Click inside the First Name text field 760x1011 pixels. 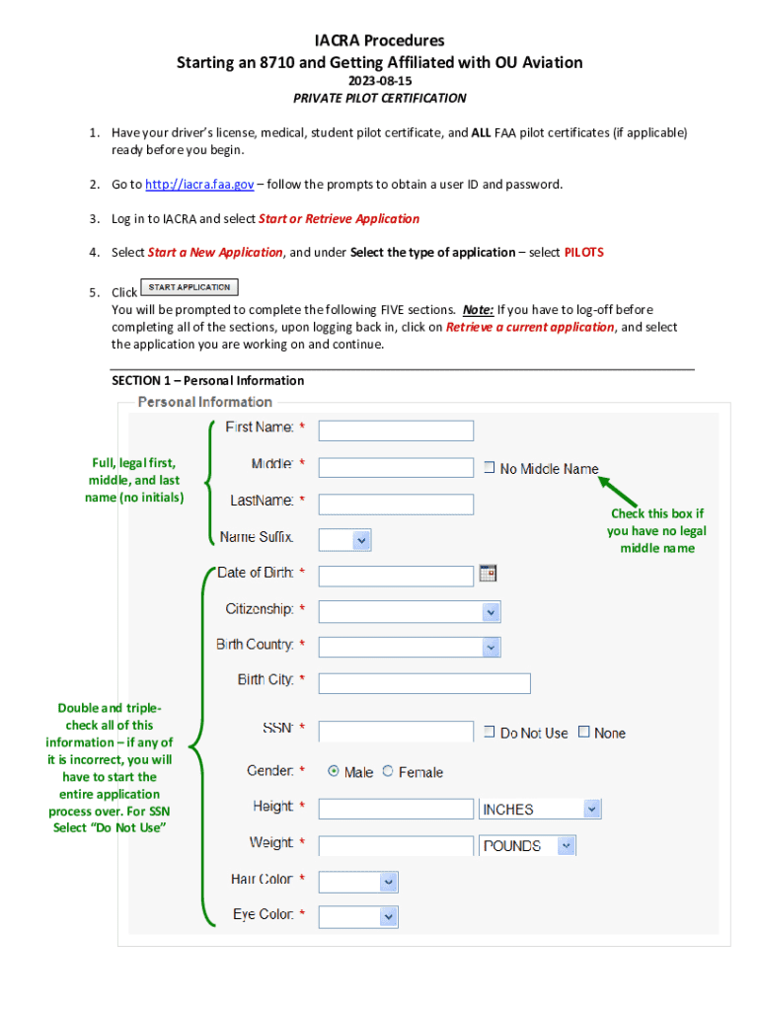point(396,430)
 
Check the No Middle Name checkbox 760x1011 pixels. point(489,468)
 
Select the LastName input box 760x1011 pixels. point(396,505)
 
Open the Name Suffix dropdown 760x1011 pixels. point(345,540)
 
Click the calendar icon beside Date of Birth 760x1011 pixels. point(488,573)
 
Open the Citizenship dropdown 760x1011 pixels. point(410,612)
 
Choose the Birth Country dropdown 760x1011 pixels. point(410,648)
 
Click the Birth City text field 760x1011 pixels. point(424,683)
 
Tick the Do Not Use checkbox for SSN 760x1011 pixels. point(489,732)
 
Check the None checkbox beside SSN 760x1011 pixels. point(583,732)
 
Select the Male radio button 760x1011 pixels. point(334,771)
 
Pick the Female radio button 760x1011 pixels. point(387,771)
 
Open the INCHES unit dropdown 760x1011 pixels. point(539,810)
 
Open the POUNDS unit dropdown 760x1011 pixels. point(527,846)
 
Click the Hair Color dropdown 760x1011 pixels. point(358,882)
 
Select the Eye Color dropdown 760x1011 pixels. point(358,917)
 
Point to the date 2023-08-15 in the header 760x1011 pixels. point(379,81)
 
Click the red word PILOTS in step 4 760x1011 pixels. point(583,252)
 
